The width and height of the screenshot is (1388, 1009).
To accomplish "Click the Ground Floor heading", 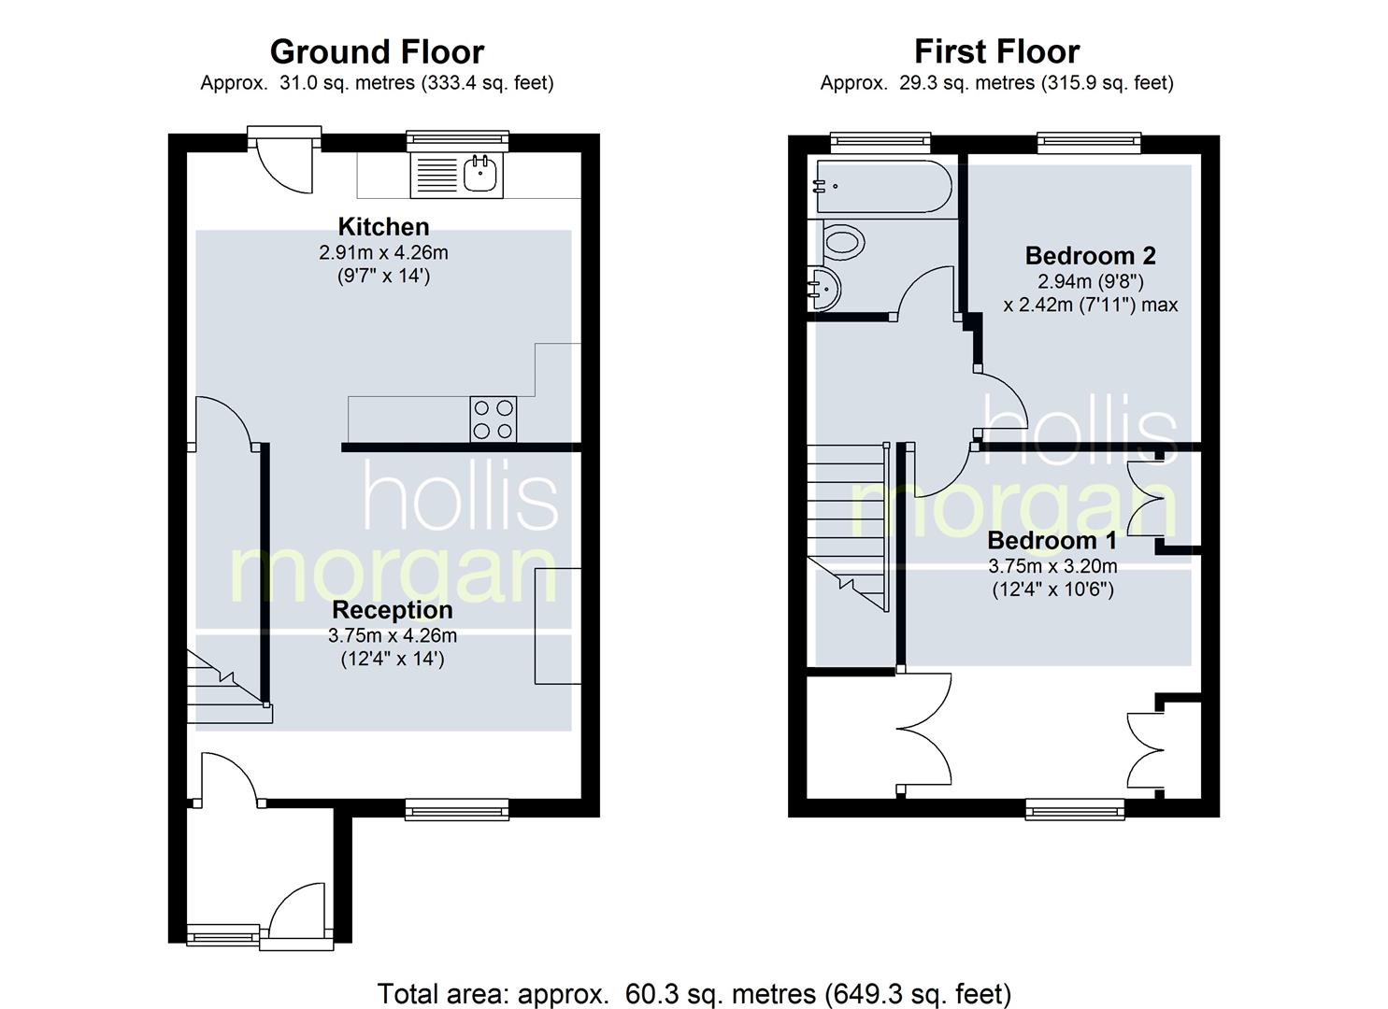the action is pos(377,52).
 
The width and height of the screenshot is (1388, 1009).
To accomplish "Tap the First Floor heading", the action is pos(996,52).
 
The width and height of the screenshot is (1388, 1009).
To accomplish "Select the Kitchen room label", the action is pos(383,227).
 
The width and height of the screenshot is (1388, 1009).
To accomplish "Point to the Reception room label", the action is pos(393,609).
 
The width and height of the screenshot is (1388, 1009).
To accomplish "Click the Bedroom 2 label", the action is pos(1091,255).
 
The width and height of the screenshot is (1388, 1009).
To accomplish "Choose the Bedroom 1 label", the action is pos(1052,540).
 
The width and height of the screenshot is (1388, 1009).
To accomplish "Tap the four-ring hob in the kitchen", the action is pos(494,419).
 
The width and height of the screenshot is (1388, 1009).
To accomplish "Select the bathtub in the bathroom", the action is pos(883,187).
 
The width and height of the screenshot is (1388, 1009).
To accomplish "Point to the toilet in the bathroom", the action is pos(843,242).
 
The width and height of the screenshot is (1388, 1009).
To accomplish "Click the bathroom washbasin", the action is pos(823,289).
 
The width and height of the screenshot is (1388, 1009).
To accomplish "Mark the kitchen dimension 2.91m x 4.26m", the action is pos(383,252).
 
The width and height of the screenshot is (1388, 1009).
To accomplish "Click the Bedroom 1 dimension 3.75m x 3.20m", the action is pos(1052,566).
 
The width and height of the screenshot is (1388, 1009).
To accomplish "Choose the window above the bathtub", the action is pos(880,142).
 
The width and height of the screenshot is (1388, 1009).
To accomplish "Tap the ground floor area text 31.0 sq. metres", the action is pos(347,83).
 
